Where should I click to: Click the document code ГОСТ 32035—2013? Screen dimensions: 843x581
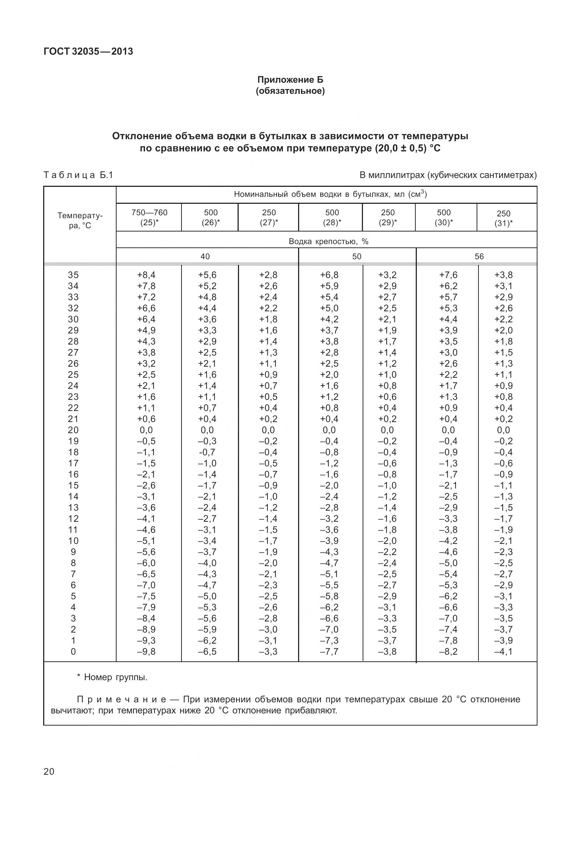(88, 51)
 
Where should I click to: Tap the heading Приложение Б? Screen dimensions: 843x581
(290, 80)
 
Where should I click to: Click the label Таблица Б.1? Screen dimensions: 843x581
(78, 175)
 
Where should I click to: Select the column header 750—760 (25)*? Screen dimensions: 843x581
(149, 217)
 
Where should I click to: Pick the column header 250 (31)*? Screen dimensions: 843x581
(503, 218)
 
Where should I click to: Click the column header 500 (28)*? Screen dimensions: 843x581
(332, 217)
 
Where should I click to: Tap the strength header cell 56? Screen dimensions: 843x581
(479, 257)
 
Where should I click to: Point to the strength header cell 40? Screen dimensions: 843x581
(205, 257)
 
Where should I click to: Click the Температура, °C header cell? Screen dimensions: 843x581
(80, 220)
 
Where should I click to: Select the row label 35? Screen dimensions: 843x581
(73, 275)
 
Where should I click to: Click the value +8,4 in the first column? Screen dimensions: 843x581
(146, 275)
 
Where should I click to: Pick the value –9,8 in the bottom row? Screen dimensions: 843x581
(146, 652)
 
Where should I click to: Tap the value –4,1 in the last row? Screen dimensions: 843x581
(503, 652)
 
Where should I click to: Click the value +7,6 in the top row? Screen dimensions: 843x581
(448, 275)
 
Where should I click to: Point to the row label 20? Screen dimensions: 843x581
(73, 430)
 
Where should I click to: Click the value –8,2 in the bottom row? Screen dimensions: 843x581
(448, 652)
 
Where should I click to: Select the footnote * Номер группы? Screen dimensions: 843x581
(112, 677)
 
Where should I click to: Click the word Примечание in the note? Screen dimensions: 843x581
(122, 699)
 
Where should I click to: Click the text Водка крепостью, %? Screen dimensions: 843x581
(328, 241)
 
